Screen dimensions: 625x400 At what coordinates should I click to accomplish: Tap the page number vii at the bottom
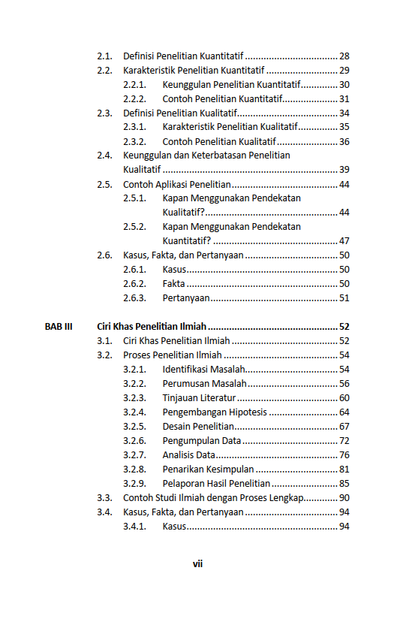[x=198, y=563]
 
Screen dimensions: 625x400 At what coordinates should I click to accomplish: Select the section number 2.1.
[x=104, y=56]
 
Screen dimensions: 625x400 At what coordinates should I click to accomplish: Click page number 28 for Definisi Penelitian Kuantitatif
[x=344, y=56]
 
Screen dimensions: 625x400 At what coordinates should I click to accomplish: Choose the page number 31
[x=344, y=99]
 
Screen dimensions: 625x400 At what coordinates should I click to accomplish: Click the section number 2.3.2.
[x=134, y=142]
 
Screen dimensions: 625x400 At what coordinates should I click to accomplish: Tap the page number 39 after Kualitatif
[x=344, y=170]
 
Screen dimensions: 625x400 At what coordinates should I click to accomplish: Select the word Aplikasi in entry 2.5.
[x=170, y=185]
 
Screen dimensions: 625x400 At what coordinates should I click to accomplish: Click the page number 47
[x=344, y=241]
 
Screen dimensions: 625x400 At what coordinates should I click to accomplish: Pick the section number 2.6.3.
[x=134, y=298]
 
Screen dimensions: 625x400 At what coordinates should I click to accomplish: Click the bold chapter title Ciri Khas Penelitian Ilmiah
[x=152, y=327]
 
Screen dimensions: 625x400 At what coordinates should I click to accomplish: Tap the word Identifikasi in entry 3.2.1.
[x=185, y=370]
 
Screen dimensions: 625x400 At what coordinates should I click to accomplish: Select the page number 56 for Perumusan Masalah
[x=344, y=384]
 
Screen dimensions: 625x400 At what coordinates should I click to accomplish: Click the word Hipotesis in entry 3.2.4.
[x=248, y=412]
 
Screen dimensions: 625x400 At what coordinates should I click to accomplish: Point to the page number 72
[x=344, y=441]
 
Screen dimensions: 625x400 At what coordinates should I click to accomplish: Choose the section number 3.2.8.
[x=134, y=470]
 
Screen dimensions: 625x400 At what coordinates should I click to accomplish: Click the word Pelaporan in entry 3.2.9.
[x=183, y=484]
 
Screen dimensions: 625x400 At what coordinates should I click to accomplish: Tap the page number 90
[x=344, y=498]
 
